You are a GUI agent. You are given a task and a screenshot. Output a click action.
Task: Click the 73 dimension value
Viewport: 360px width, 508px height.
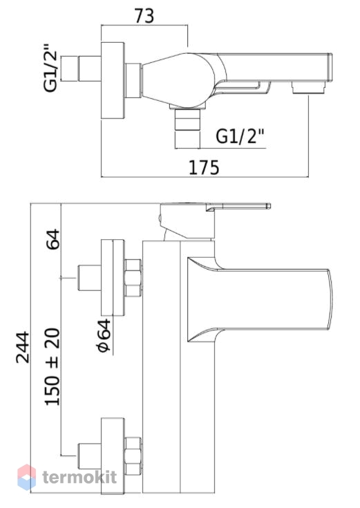pyautogui.click(x=144, y=16)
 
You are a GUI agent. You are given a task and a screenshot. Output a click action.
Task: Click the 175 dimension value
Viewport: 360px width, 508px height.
pyautogui.click(x=204, y=167)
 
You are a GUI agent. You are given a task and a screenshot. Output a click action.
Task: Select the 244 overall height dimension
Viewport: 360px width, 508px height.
pyautogui.click(x=23, y=347)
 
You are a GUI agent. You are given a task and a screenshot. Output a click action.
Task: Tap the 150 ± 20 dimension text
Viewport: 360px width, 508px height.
pyautogui.click(x=53, y=367)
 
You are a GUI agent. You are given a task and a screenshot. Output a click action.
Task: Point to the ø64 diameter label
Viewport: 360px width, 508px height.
pyautogui.click(x=104, y=335)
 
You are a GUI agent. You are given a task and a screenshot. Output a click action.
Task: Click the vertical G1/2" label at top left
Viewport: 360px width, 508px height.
pyautogui.click(x=50, y=68)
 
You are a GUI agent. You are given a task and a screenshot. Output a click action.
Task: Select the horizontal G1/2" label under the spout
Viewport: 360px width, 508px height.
pyautogui.click(x=240, y=136)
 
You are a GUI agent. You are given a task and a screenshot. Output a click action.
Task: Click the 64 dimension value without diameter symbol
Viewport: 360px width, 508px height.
pyautogui.click(x=53, y=239)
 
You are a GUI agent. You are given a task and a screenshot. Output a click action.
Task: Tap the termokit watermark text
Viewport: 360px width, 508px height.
pyautogui.click(x=79, y=477)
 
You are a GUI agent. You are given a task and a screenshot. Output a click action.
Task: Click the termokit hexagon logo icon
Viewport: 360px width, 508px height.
pyautogui.click(x=26, y=477)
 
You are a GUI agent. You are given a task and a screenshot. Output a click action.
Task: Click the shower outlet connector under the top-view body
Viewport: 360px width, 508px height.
pyautogui.click(x=187, y=120)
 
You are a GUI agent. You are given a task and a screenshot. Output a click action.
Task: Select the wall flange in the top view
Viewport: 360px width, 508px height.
pyautogui.click(x=113, y=81)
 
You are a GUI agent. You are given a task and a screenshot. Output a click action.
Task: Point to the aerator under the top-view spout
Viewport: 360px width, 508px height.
pyautogui.click(x=308, y=88)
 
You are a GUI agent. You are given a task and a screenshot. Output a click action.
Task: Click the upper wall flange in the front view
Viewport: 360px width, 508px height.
pyautogui.click(x=113, y=278)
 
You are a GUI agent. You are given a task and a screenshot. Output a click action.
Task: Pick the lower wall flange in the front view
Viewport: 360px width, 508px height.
pyautogui.click(x=113, y=456)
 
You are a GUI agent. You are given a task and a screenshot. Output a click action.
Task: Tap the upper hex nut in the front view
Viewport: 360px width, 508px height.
pyautogui.click(x=133, y=278)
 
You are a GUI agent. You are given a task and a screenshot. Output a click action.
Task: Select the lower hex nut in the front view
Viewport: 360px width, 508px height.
pyautogui.click(x=133, y=456)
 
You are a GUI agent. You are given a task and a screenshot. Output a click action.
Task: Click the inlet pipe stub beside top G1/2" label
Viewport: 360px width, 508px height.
pyautogui.click(x=81, y=69)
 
